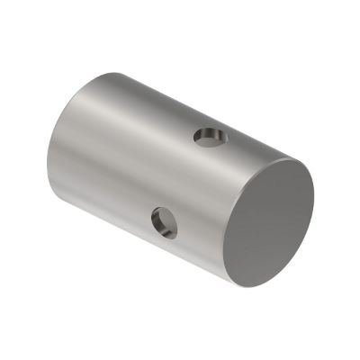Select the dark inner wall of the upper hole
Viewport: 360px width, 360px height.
tap(206, 135)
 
